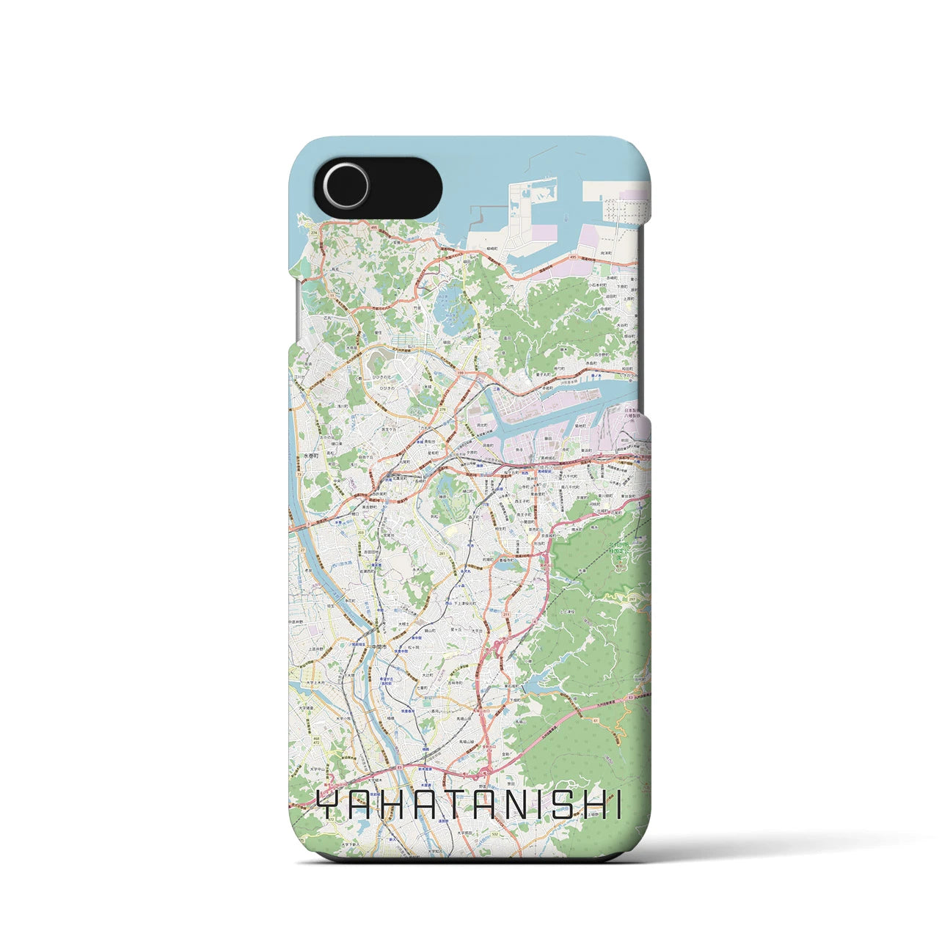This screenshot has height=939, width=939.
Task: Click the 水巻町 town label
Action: [x=310, y=456]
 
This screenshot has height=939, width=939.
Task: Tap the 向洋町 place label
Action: [x=606, y=252]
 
